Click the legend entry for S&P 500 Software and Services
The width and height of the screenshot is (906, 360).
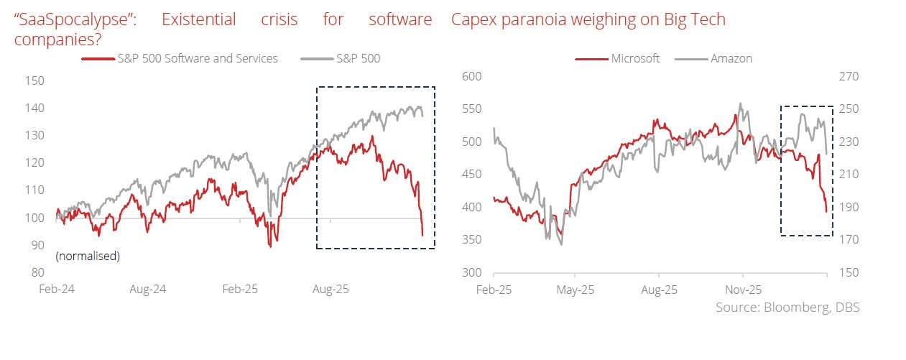click(197, 58)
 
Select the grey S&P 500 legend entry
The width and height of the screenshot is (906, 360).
click(358, 58)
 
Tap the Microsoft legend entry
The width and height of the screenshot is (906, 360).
click(634, 58)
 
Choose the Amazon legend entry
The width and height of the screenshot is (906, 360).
click(731, 58)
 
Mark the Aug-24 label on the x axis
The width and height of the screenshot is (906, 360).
click(148, 291)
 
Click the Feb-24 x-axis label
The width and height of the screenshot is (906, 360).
click(57, 291)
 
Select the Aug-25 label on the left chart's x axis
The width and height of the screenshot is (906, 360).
click(330, 291)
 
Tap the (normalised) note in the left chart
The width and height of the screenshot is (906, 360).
click(88, 256)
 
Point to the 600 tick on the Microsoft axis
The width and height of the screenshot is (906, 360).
click(471, 76)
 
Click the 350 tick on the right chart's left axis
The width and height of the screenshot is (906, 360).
click(471, 240)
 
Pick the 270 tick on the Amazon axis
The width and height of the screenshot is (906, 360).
click(839, 76)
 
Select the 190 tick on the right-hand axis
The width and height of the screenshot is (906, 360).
click(839, 207)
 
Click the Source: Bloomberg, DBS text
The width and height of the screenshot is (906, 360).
click(787, 308)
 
